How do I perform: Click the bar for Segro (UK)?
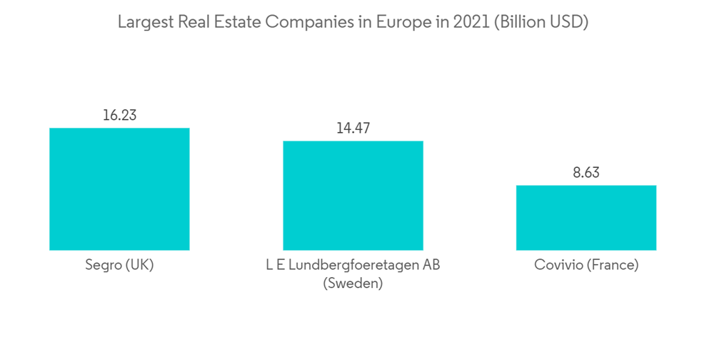click(119, 189)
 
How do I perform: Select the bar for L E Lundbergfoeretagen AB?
click(353, 196)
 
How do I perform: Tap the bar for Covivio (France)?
click(586, 218)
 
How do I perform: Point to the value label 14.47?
click(353, 129)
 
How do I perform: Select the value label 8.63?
click(586, 173)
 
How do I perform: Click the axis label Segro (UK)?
click(119, 265)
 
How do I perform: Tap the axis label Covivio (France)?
click(586, 265)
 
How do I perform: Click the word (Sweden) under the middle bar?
click(353, 284)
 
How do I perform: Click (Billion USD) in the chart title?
click(532, 22)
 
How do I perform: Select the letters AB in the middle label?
click(431, 265)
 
